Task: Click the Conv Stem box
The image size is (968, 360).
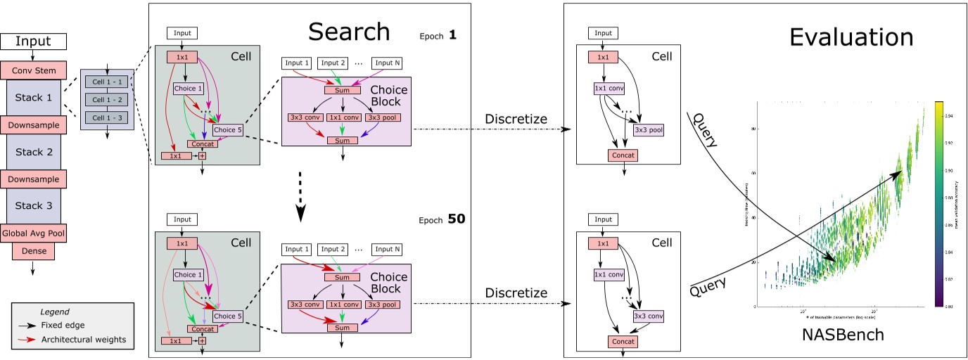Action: pos(34,70)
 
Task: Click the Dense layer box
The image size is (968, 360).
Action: pos(34,251)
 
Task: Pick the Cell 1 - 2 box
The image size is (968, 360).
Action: pos(107,99)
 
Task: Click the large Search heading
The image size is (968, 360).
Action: pos(349,31)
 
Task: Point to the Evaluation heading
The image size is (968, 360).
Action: pos(851,37)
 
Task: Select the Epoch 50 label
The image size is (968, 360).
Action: pos(442,219)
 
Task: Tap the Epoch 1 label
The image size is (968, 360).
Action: pos(438,34)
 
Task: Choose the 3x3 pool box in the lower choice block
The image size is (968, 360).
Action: pos(383,305)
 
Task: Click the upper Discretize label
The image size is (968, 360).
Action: pos(516,119)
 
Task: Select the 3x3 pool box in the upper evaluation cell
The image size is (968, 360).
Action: pos(648,130)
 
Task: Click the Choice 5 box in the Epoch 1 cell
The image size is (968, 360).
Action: pos(227,130)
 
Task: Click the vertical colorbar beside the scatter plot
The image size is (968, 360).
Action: pos(939,204)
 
